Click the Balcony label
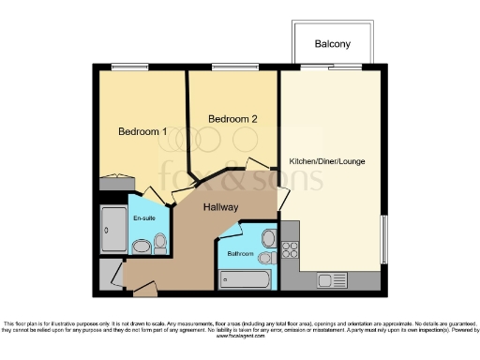334,44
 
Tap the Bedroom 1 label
142,132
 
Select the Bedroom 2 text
232,119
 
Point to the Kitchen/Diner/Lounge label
327,161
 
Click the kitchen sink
333,278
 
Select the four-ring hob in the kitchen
290,249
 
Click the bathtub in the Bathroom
243,278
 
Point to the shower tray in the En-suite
112,228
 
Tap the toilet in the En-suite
142,247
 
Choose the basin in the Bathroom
270,237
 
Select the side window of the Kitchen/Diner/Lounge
383,240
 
